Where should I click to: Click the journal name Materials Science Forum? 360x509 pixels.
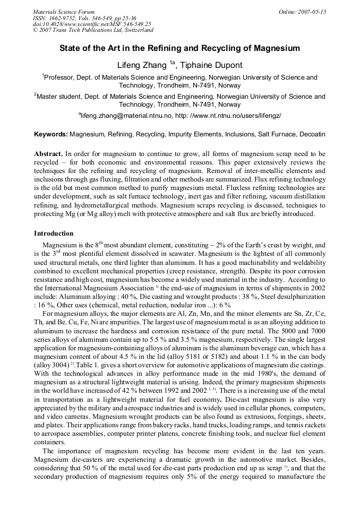(x=64, y=11)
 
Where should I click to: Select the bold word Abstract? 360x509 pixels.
(x=48, y=153)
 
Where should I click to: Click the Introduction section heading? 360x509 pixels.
(x=54, y=234)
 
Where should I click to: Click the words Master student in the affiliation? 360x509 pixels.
(x=58, y=97)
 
